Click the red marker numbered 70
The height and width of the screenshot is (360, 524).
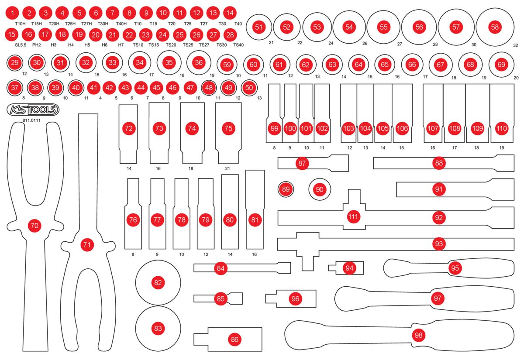point(34,226)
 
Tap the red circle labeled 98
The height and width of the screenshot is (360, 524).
point(419,335)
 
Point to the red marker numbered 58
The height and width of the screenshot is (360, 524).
point(495,27)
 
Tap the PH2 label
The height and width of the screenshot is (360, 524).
point(36,45)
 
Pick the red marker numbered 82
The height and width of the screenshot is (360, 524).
point(158,283)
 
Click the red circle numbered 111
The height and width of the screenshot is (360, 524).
point(353,216)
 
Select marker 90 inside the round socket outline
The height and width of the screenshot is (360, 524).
point(320,189)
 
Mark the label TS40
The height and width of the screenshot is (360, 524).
point(238,45)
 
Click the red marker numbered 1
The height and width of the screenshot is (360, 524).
point(13,13)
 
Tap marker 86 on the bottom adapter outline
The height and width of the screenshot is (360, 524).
point(235,339)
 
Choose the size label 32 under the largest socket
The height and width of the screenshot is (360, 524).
point(515,45)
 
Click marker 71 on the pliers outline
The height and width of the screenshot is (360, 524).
point(87,245)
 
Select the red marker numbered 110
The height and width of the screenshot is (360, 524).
point(502,129)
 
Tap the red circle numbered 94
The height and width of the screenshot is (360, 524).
point(349,268)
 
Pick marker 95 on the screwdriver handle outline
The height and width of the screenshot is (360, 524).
point(455,268)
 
